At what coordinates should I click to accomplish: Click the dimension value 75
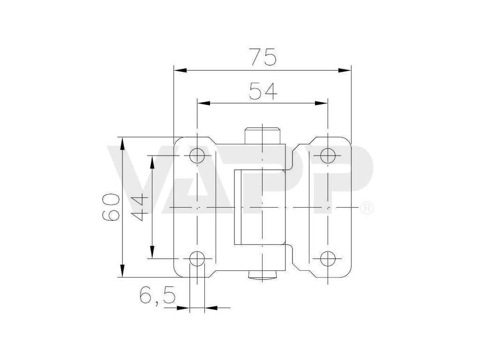tap(262, 57)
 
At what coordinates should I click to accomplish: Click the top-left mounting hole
tap(197, 156)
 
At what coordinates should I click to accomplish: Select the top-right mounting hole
tap(327, 156)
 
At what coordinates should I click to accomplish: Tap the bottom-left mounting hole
tap(197, 258)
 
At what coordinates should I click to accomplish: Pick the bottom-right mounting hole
tap(327, 258)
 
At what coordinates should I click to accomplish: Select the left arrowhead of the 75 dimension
tap(180, 70)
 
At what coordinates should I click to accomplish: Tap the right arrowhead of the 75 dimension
tap(345, 70)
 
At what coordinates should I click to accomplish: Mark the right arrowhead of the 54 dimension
tap(321, 104)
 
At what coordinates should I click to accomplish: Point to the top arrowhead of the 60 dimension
tap(123, 143)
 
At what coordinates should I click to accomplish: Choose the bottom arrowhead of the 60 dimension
tap(123, 270)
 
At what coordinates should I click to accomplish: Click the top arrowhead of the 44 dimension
tap(152, 162)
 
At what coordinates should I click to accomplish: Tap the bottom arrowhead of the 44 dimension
tap(152, 252)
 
